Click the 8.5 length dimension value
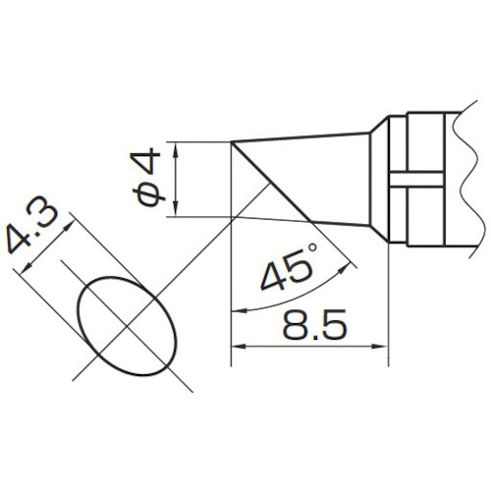[x=313, y=324]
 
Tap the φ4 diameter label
[x=149, y=178]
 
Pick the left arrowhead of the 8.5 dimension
[x=238, y=347]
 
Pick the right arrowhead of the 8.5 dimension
[x=381, y=347]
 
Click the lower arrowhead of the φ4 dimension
[x=176, y=209]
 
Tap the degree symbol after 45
[x=312, y=248]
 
